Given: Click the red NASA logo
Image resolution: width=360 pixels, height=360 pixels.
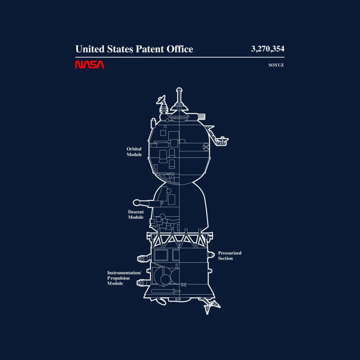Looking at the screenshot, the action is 90,65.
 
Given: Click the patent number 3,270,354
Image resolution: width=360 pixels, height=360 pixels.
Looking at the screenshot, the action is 268,49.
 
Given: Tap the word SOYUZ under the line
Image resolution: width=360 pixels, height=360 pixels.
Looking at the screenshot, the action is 276,65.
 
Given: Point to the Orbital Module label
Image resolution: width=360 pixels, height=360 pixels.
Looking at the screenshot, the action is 134,152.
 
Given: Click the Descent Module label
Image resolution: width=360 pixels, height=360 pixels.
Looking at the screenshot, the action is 136,214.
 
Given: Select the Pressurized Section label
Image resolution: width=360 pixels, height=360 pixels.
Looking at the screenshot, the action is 230,256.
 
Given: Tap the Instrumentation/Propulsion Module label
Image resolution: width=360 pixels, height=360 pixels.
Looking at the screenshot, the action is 124,278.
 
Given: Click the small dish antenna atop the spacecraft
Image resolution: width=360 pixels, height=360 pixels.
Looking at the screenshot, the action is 161,99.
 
